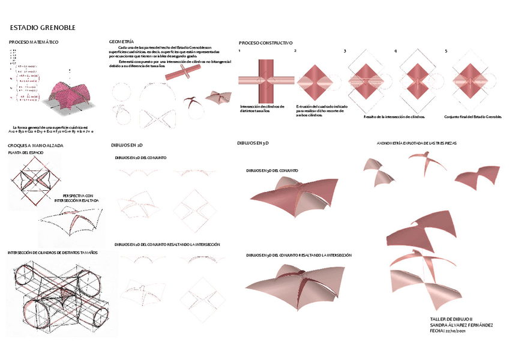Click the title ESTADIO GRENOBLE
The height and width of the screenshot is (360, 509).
(43, 28)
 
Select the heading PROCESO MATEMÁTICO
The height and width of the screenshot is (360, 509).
(34, 42)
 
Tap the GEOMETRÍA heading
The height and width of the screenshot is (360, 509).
(122, 41)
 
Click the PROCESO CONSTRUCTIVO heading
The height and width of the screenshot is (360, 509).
(265, 43)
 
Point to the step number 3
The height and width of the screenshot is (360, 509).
(345, 52)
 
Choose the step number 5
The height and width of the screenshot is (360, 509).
(446, 52)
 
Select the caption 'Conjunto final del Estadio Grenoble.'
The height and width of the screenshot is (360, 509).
(472, 116)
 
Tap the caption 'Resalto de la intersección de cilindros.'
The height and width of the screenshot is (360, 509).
(394, 116)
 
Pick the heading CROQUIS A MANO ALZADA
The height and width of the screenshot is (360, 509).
(35, 146)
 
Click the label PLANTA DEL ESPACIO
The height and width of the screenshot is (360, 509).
(26, 154)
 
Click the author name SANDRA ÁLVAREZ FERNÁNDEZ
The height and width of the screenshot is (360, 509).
(462, 325)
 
